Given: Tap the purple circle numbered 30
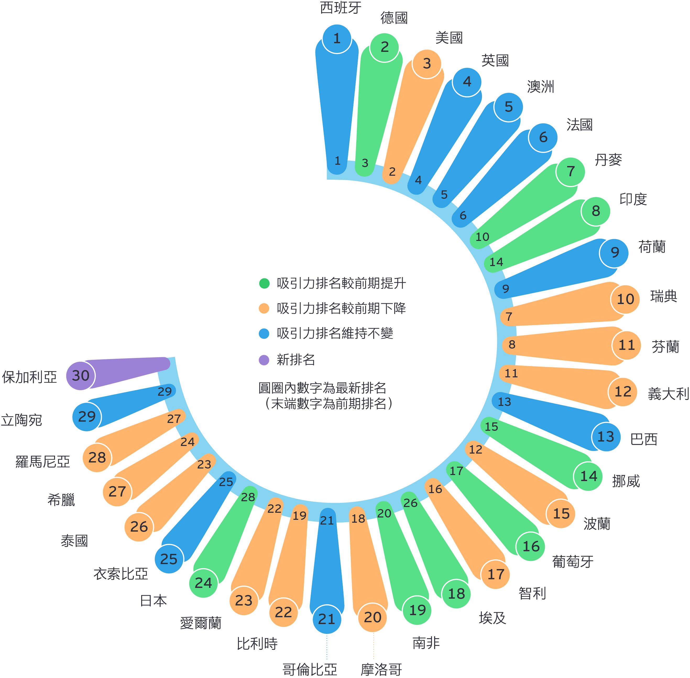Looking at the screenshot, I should [80, 376].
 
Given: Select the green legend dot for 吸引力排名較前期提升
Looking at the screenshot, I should [264, 283].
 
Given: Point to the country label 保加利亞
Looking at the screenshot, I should [30, 377].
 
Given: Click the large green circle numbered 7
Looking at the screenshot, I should [570, 172].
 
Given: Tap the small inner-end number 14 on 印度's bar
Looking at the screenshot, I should [496, 262].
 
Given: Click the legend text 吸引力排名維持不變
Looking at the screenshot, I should [335, 334].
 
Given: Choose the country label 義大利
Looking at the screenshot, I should [668, 394].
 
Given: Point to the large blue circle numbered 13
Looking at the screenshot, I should [606, 437].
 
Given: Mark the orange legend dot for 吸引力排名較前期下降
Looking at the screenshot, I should [264, 308].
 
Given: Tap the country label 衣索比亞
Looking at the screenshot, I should [121, 574].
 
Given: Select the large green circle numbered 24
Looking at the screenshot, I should [203, 583].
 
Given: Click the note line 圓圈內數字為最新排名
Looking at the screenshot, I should [322, 388].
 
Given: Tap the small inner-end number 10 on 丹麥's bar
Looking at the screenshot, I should [482, 237].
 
